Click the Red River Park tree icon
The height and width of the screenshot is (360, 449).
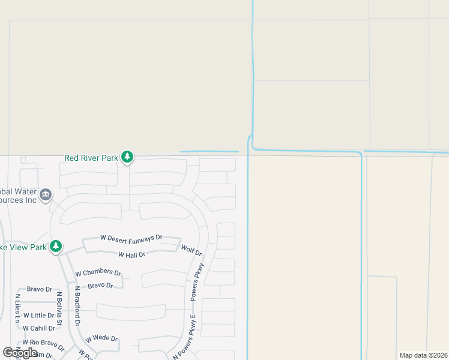click(x=127, y=157)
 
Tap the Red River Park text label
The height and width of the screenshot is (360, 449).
click(x=91, y=158)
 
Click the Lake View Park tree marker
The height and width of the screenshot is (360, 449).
click(x=56, y=246)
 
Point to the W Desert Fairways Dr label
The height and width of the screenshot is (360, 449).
click(x=131, y=238)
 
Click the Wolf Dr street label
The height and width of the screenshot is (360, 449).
click(x=191, y=250)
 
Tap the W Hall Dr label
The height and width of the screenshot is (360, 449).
click(x=131, y=255)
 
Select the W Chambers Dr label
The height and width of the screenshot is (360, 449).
click(x=98, y=273)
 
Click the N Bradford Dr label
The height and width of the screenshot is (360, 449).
click(x=77, y=306)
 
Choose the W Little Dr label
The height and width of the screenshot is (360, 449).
click(x=38, y=315)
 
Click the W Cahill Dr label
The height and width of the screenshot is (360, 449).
click(x=38, y=328)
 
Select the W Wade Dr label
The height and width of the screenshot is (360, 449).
click(x=101, y=338)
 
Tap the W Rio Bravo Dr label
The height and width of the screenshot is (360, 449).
click(x=43, y=344)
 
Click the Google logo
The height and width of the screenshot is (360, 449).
click(x=20, y=353)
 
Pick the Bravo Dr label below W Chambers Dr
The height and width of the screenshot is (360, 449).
click(x=100, y=286)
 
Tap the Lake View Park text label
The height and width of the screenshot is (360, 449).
click(x=23, y=247)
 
